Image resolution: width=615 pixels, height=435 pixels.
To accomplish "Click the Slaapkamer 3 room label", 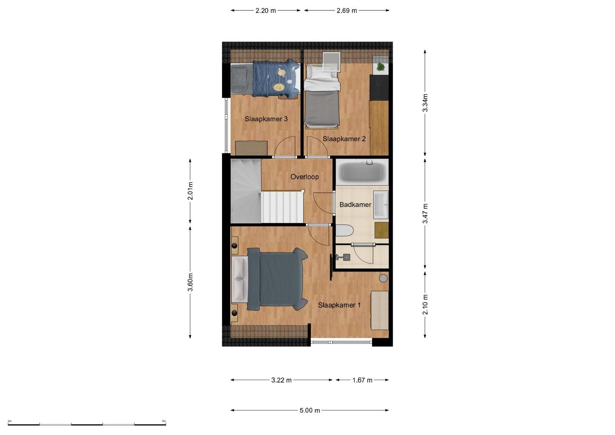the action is tap(266, 119).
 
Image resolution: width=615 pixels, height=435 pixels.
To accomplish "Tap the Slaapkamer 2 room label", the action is tap(344, 139).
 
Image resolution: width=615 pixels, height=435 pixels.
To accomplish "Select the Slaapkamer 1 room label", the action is tap(340, 305).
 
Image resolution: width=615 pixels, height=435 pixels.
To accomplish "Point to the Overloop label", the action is tap(304, 177).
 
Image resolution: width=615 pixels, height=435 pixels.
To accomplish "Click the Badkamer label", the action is tap(355, 205).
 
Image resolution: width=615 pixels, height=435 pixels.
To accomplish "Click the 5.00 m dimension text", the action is tap(310, 410).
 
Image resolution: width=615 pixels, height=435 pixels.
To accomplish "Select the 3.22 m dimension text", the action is tap(282, 380).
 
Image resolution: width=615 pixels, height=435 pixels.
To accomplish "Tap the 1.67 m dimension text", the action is tap(362, 380).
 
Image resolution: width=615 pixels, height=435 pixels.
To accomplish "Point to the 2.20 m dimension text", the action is tap(265, 11).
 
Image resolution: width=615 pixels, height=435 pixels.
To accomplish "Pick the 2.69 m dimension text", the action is tap(347, 11).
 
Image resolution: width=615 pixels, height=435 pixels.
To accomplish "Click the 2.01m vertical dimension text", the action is tap(191, 191).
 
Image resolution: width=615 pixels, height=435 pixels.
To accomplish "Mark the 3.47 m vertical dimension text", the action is tap(425, 213).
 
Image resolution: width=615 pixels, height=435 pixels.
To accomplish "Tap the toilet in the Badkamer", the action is tap(344, 231).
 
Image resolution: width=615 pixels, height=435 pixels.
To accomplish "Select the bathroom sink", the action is tap(381, 205).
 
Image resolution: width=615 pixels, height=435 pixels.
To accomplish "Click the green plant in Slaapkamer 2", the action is tap(381, 67).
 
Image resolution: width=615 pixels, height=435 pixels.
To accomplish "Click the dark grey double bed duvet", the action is tap(277, 280).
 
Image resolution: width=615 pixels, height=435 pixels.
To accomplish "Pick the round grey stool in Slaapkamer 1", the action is tap(383, 278).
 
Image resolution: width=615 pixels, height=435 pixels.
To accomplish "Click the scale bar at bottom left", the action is tap(87, 425).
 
